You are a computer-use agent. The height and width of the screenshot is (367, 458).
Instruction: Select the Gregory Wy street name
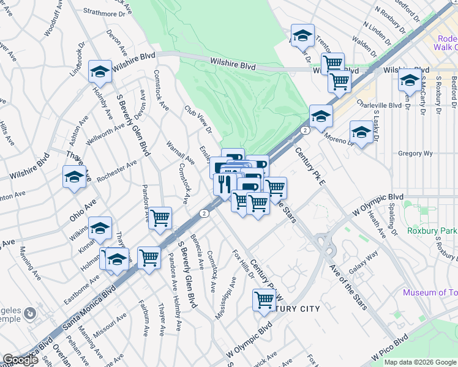415,154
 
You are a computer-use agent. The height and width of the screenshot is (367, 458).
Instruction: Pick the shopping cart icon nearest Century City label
264,300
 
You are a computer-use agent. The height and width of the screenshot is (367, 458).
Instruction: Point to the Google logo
20,360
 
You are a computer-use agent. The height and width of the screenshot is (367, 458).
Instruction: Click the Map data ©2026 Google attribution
419,362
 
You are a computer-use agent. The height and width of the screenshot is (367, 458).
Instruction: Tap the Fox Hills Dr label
243,264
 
